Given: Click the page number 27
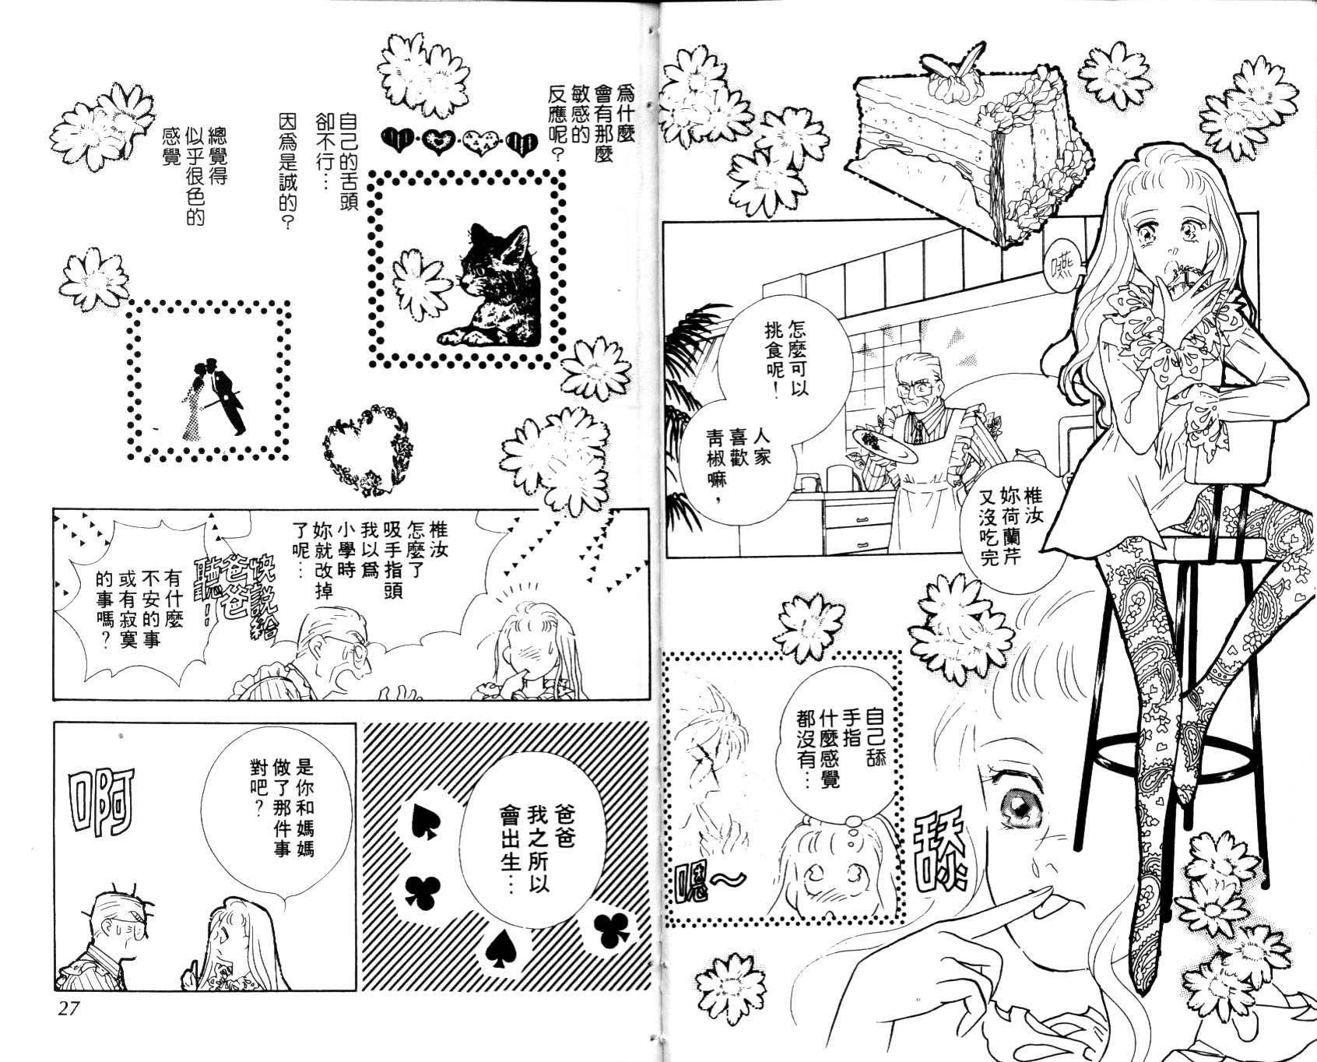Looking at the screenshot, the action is tap(68, 1008).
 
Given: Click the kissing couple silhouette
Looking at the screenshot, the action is tap(214, 398).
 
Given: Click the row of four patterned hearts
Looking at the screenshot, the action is tap(459, 142).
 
